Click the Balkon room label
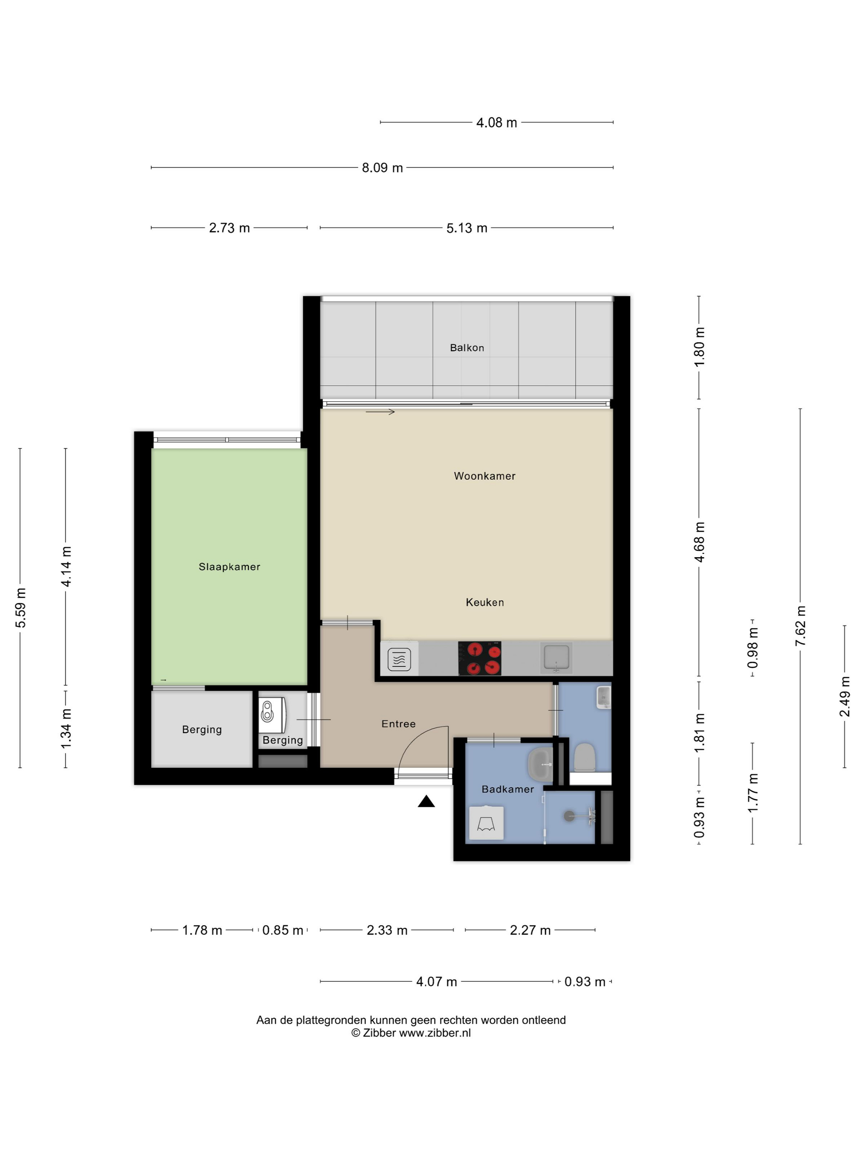pyautogui.click(x=467, y=348)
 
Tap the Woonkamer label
pyautogui.click(x=484, y=476)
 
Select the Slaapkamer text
pyautogui.click(x=229, y=567)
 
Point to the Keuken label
pyautogui.click(x=484, y=603)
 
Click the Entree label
pyautogui.click(x=398, y=724)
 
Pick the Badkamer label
pyautogui.click(x=508, y=789)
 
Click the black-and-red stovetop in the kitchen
pyautogui.click(x=479, y=658)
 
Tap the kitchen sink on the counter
pyautogui.click(x=556, y=657)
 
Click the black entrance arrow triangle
pyautogui.click(x=426, y=801)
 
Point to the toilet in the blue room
pyautogui.click(x=584, y=758)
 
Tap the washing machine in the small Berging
pyautogui.click(x=271, y=715)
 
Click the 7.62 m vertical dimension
pyautogui.click(x=800, y=626)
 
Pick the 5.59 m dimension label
pyautogui.click(x=20, y=608)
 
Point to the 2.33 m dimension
pyautogui.click(x=387, y=930)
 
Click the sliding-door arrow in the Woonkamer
pyautogui.click(x=380, y=412)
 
